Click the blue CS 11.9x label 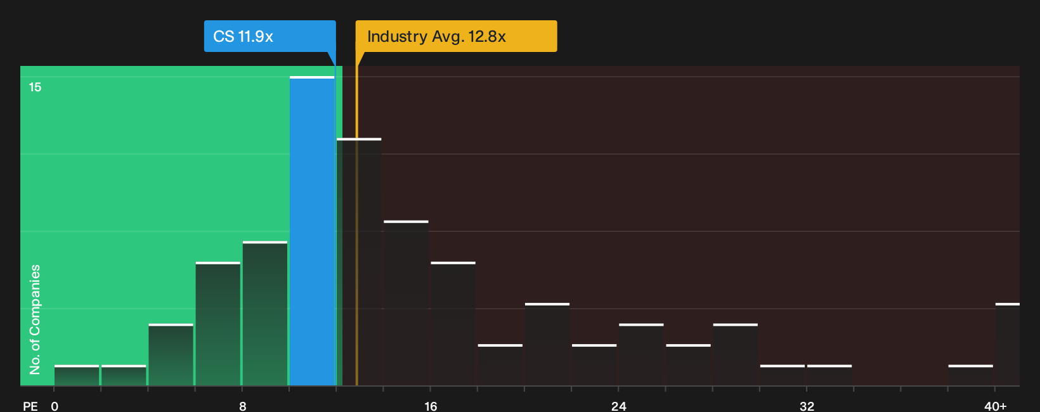(270, 36)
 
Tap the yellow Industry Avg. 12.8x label (456, 36)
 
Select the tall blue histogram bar (312, 231)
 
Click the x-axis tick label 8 (242, 406)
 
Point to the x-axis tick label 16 (431, 406)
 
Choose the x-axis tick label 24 (618, 406)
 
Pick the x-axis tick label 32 (807, 406)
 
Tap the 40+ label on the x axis (995, 406)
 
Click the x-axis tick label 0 (55, 406)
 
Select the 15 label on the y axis (35, 87)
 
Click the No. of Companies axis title (35, 319)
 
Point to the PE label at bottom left (30, 406)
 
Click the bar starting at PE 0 (77, 375)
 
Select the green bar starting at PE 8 (265, 313)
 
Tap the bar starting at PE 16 (453, 324)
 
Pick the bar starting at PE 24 (641, 354)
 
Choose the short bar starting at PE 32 (829, 375)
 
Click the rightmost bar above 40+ (1008, 344)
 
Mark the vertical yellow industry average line (356, 219)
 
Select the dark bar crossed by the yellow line (359, 262)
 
